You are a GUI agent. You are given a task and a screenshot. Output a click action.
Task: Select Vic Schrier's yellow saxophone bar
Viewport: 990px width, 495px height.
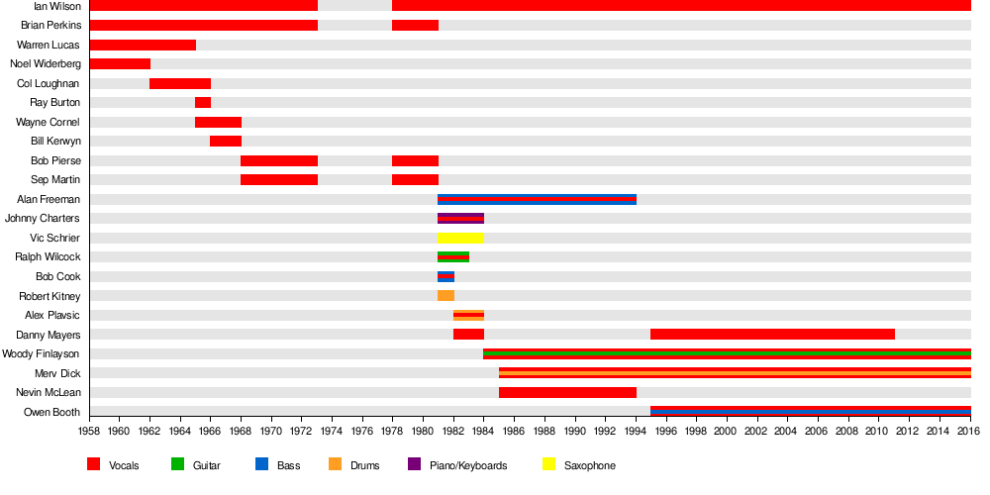tap(460, 238)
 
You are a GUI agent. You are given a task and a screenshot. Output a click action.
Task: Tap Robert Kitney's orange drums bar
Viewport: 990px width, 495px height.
tap(445, 296)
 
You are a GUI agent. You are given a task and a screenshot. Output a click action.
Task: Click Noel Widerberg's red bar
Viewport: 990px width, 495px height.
tap(120, 64)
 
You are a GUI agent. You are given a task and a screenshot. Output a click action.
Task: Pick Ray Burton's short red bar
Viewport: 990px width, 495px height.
tap(203, 103)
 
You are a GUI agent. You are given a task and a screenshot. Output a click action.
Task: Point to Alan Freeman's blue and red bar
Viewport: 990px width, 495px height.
tap(537, 199)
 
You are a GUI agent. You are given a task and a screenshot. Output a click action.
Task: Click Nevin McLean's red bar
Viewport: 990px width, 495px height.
tap(567, 393)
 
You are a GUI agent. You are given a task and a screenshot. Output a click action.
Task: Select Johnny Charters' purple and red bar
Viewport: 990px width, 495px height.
tap(460, 219)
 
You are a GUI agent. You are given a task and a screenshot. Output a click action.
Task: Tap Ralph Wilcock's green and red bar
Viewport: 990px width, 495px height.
tap(453, 257)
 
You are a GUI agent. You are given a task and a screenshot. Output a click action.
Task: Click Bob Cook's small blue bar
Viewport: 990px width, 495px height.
tap(445, 277)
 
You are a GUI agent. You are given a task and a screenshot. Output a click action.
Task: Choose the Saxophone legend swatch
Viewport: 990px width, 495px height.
tap(551, 464)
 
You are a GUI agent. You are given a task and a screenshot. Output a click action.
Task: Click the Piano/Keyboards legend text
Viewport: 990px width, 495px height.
tap(468, 465)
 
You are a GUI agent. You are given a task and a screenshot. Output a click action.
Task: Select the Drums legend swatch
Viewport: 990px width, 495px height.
tap(336, 464)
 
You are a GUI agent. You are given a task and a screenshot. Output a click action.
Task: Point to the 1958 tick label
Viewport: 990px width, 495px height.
tap(89, 431)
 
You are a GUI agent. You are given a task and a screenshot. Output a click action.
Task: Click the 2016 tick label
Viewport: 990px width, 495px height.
tap(970, 431)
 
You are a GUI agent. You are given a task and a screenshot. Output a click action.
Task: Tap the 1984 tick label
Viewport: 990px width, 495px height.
tap(484, 431)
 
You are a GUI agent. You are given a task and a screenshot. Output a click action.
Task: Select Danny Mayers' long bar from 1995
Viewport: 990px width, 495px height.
tap(772, 335)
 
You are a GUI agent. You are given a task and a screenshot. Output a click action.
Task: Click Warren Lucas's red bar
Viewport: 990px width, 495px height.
tap(143, 45)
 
